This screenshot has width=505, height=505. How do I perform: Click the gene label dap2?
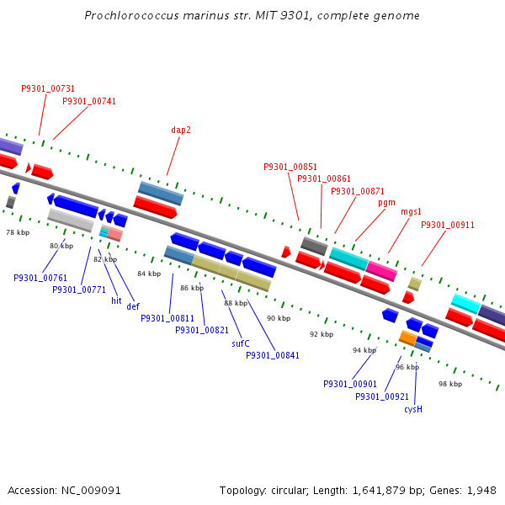point(181,130)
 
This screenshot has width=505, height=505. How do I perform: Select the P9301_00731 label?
point(48,88)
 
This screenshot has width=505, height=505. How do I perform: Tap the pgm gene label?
point(386,203)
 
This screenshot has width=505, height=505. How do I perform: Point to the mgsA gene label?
point(411,212)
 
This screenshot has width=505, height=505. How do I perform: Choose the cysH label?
point(412,409)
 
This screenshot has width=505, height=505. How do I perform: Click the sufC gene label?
point(241,343)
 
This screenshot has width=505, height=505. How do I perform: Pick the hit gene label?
point(116,300)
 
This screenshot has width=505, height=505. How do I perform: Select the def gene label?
point(133,306)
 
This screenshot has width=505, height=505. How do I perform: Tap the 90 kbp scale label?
point(279,318)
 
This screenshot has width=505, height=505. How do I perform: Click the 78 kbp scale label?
point(18,232)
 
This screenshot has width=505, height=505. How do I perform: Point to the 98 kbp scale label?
point(450,384)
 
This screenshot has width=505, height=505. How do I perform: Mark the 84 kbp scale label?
point(149,274)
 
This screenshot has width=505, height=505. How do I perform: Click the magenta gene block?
point(381,271)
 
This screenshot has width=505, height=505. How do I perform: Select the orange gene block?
point(407,338)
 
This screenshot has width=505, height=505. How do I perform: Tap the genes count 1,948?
point(481,490)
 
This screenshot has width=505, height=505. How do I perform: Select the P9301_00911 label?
point(448,225)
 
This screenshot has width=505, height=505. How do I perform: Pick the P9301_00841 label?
point(273,355)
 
